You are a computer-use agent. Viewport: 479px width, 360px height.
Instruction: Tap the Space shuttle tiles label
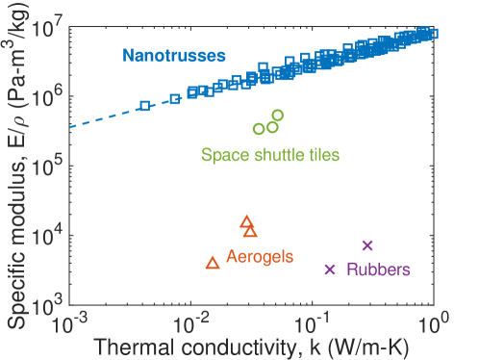point(270,153)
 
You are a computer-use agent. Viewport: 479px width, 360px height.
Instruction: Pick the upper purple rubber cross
point(366,244)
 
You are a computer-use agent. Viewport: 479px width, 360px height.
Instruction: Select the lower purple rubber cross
point(330,270)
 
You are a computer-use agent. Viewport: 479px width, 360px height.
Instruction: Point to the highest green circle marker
point(278,116)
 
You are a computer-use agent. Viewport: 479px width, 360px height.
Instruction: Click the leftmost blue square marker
point(144,105)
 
